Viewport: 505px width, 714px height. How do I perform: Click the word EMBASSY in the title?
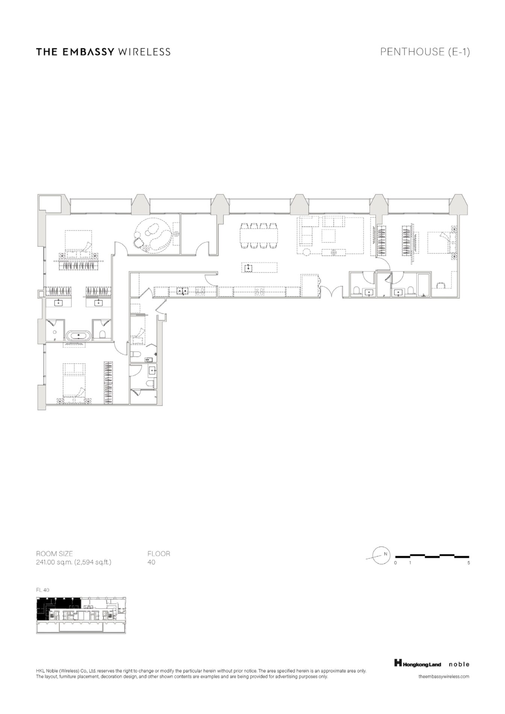88,51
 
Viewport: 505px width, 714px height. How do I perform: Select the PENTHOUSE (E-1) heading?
425,51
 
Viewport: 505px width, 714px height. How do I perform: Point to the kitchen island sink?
248,268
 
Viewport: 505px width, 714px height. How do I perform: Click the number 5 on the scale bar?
469,563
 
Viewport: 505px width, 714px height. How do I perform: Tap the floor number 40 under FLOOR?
151,562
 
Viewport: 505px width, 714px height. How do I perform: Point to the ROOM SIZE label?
54,554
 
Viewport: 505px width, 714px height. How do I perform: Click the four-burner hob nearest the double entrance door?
259,290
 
